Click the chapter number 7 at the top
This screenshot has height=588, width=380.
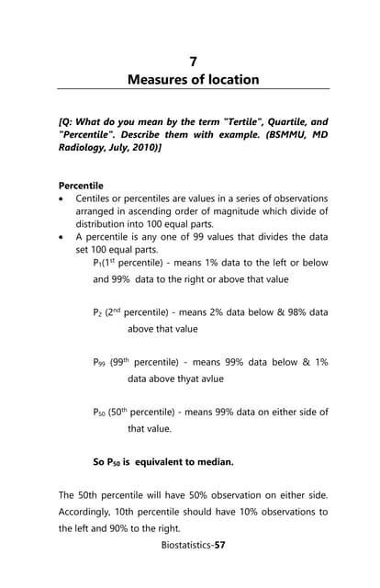[x=193, y=61]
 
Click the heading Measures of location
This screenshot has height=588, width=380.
[x=193, y=80]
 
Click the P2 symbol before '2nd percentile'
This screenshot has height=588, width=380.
[x=98, y=312]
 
